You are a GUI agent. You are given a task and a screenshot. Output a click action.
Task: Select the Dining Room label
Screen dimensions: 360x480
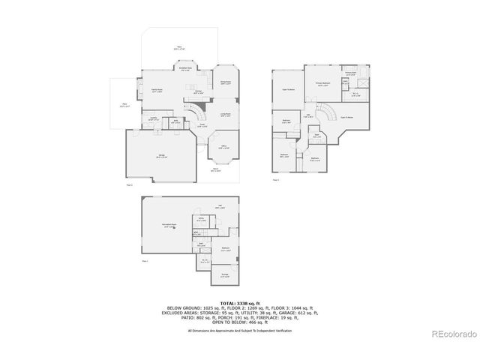tap(225, 82)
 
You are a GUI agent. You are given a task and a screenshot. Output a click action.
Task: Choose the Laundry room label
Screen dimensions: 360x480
tap(153, 118)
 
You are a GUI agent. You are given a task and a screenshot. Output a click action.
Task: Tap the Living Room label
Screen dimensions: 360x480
tap(225, 115)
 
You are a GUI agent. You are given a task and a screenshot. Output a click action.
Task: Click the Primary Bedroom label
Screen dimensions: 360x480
tap(324, 85)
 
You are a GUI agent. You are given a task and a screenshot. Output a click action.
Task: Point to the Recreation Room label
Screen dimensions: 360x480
tap(169, 226)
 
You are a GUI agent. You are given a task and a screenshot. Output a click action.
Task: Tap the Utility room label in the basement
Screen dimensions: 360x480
tap(201, 220)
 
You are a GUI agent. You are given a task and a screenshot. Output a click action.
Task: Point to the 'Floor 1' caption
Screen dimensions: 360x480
tap(145, 260)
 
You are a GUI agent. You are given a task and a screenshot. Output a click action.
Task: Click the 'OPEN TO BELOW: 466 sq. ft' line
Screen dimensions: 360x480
tap(240, 323)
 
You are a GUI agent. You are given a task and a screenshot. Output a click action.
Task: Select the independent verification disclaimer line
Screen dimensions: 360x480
tap(240, 330)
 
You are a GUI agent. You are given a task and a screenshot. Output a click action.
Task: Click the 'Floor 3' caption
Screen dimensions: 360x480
tap(276, 180)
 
